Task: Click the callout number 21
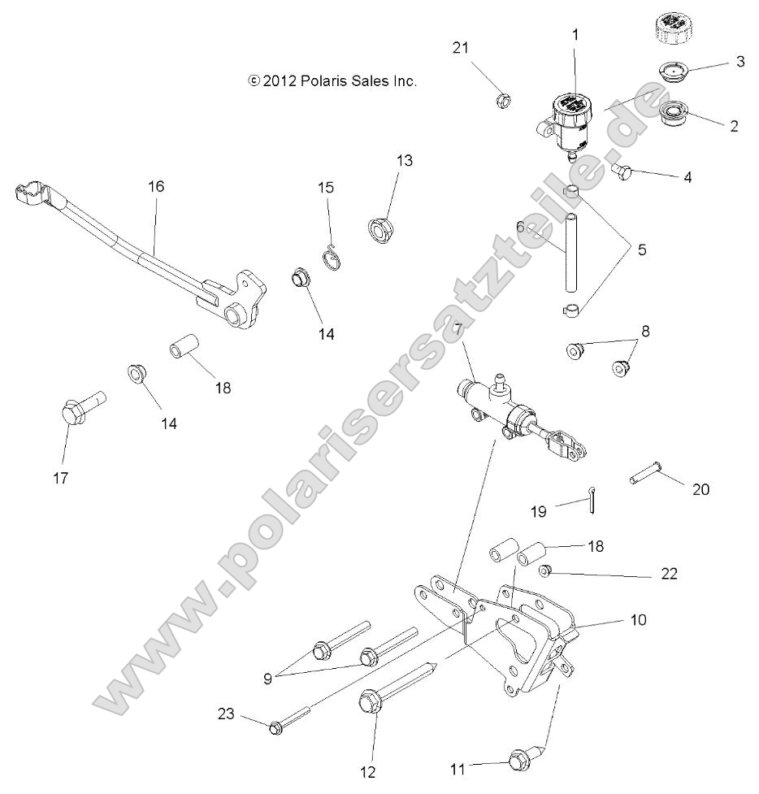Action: (x=461, y=48)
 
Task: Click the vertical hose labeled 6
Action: (x=572, y=254)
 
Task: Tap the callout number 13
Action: (x=404, y=161)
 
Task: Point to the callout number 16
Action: (x=156, y=186)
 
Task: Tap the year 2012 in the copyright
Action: (x=280, y=81)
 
